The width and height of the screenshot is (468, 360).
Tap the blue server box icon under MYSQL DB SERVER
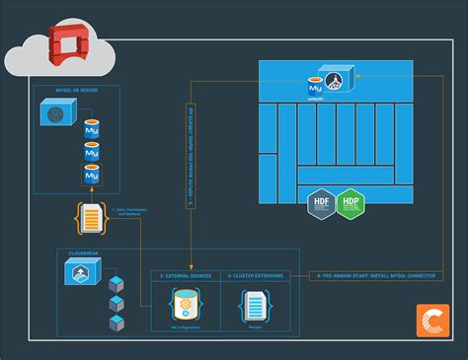[55, 115]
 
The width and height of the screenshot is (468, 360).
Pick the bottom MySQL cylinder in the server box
[92, 176]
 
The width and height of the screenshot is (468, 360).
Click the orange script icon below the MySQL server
[92, 217]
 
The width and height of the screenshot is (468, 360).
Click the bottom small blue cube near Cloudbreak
[116, 324]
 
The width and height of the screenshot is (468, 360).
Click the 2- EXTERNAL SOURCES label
[185, 276]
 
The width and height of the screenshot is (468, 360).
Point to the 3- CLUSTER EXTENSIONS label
[255, 276]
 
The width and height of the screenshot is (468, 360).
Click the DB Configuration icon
[185, 305]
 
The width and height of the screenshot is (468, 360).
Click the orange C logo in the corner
[431, 322]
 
